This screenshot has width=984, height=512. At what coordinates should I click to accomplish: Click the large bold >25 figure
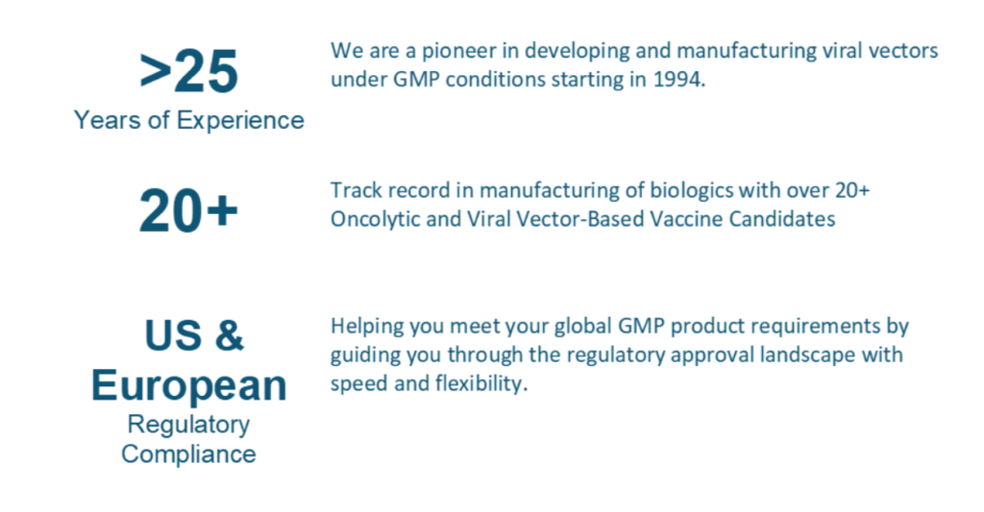pos(188,72)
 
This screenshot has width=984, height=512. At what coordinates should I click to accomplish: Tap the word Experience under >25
pos(240,120)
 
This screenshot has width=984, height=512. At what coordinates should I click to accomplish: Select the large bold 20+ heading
pos(188,210)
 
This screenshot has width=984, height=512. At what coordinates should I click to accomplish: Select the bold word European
pos(189,385)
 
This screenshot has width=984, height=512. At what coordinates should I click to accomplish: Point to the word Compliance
pos(189,453)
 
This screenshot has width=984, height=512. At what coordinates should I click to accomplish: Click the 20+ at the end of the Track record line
pos(852,190)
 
